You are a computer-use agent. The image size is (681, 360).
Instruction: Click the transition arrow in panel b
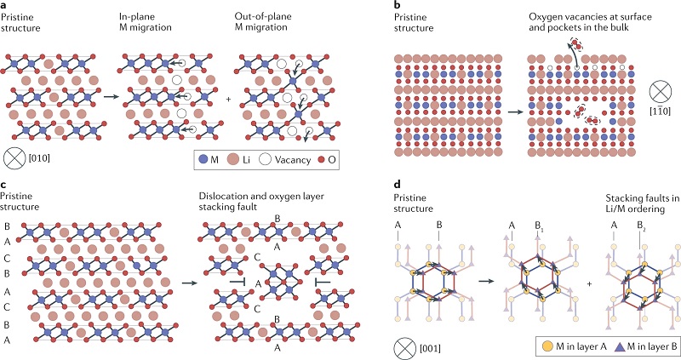point(510,110)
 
